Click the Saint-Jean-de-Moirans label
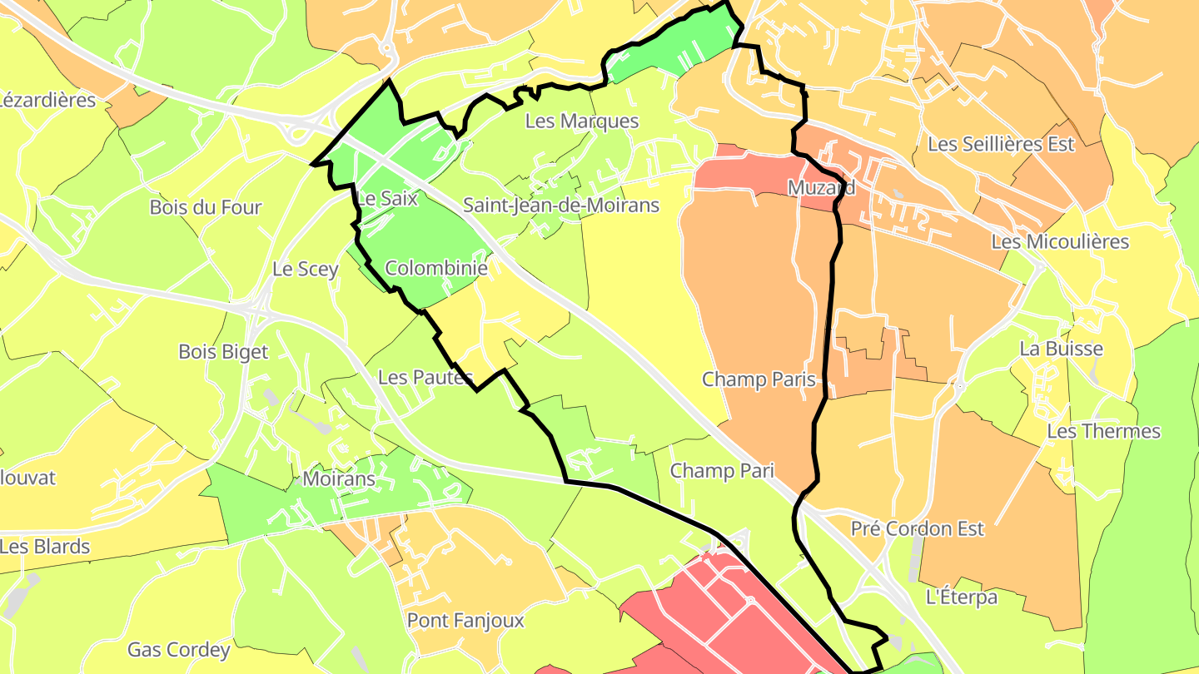561,205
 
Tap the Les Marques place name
582,121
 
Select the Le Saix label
386,199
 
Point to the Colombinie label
436,269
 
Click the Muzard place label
821,187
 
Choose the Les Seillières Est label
1001,144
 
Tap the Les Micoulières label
1060,242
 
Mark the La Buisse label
1061,349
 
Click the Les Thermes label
1103,431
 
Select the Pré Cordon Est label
918,528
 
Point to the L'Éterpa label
962,597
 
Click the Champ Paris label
759,379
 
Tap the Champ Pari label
722,471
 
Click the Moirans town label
339,479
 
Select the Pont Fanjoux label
465,621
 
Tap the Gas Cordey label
178,650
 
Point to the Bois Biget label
223,352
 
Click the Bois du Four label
206,207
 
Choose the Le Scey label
306,269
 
